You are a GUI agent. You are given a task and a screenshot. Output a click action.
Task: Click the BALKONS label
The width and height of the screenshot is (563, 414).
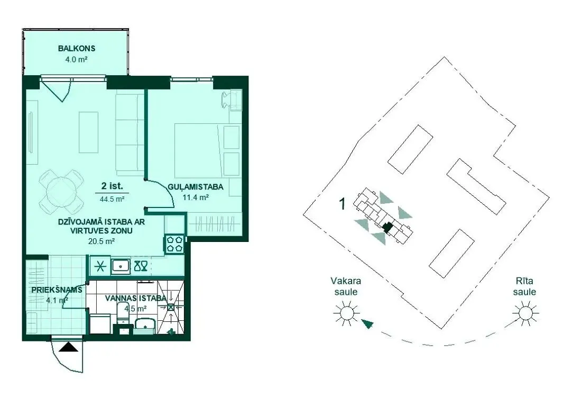[x=77, y=48]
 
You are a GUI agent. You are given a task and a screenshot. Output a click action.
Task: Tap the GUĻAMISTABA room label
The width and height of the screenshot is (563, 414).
[x=196, y=187]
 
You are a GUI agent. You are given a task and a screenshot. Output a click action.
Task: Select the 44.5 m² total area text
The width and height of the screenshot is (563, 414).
[x=112, y=199]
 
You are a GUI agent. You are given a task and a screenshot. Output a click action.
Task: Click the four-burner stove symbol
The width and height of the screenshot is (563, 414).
[x=175, y=244]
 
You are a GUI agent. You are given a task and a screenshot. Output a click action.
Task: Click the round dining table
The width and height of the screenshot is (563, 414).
[x=61, y=191]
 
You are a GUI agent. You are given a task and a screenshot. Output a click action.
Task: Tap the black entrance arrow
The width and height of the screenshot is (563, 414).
[x=68, y=347]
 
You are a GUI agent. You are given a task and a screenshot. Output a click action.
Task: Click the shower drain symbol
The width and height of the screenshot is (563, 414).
[x=171, y=307]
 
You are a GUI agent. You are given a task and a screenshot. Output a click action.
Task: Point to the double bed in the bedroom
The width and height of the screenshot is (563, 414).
[x=208, y=150]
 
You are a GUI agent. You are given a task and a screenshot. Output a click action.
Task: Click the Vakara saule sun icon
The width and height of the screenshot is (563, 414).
[x=346, y=312]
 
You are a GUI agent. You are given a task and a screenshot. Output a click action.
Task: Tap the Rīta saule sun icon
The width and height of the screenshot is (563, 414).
[x=525, y=312]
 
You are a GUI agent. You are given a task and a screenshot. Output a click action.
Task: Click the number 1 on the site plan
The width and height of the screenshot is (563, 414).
[x=343, y=204]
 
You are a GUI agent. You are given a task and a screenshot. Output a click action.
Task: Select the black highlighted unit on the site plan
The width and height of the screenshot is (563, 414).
[x=387, y=227]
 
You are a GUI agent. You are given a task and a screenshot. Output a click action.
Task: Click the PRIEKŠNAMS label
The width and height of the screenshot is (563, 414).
[x=57, y=290]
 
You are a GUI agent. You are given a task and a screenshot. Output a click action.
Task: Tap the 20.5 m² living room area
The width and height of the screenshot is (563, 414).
[x=101, y=241]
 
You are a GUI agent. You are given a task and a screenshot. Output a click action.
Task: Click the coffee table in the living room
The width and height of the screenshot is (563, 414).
[x=88, y=132]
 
